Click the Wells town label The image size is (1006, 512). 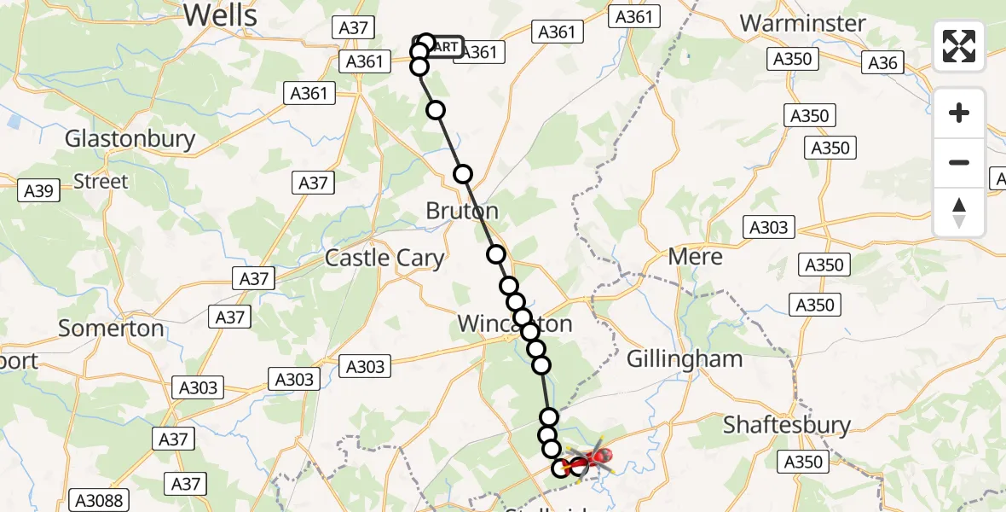[220, 15]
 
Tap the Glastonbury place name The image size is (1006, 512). [130, 139]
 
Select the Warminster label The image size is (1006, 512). [803, 23]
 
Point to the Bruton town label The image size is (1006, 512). [463, 211]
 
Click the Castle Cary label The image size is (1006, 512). [384, 258]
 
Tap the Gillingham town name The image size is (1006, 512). [685, 359]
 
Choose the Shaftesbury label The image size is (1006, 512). [787, 424]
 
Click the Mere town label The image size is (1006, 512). [696, 257]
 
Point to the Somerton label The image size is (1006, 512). [112, 329]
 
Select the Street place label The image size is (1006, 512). [101, 182]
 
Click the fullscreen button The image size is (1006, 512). [959, 46]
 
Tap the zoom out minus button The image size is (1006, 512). [959, 162]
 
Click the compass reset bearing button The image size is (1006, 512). [959, 212]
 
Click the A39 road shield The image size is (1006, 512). [40, 191]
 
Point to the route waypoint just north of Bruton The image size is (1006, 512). [462, 174]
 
